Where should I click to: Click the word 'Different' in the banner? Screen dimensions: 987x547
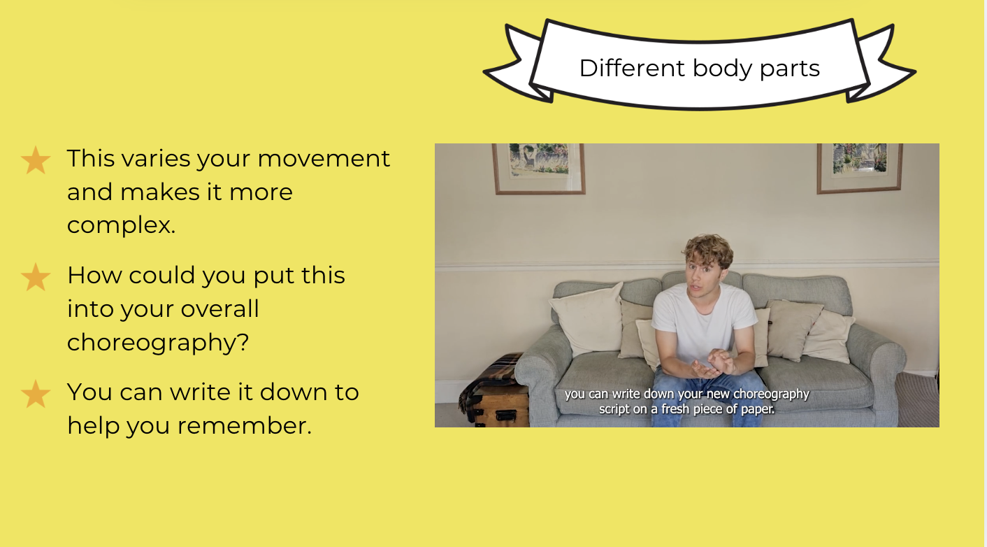(x=632, y=68)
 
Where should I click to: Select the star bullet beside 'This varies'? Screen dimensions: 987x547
(x=36, y=160)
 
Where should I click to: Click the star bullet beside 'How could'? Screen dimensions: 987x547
(x=36, y=277)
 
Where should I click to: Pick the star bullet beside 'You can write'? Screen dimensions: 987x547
(x=36, y=394)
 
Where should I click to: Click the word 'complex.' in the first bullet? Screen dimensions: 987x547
(x=121, y=226)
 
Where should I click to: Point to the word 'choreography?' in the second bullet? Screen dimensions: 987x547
(x=158, y=342)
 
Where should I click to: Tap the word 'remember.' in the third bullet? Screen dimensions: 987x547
(x=244, y=426)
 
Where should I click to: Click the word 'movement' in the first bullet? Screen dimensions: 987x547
(x=324, y=159)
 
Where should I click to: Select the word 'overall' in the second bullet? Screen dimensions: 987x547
(x=219, y=308)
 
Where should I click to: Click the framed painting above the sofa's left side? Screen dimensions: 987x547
(x=538, y=168)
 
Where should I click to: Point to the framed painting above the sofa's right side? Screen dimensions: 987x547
(x=859, y=168)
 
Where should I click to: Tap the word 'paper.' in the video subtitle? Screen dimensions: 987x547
(x=758, y=409)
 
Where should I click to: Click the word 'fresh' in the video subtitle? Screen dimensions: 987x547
(x=676, y=409)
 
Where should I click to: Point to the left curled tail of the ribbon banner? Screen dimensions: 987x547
(x=518, y=66)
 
